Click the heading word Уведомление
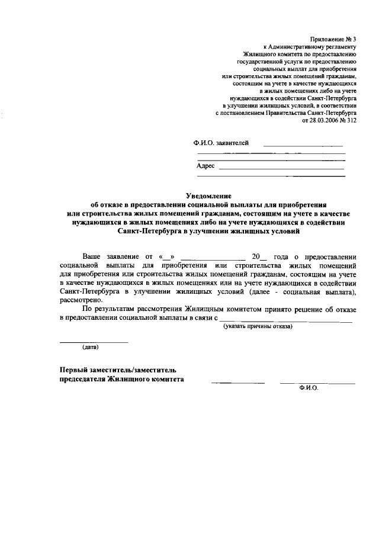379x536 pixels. click(209, 195)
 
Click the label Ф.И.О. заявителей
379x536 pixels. click(221, 143)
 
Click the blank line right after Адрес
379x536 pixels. click(281, 169)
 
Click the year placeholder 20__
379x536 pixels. click(259, 258)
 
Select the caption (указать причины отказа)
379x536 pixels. click(257, 327)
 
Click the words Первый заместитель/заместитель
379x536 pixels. click(118, 370)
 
